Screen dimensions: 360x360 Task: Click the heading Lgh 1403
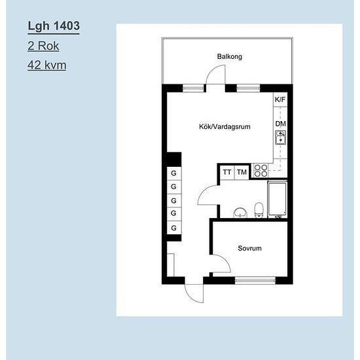click(54, 26)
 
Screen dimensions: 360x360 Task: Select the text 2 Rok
click(43, 46)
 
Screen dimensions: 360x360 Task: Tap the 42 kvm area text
click(47, 65)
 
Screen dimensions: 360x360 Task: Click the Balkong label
click(230, 56)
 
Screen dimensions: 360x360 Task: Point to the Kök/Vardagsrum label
click(225, 127)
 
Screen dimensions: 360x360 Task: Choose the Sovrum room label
click(249, 248)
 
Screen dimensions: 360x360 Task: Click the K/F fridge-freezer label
click(280, 99)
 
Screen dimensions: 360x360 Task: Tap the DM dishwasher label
click(280, 124)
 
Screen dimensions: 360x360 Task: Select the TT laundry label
click(227, 172)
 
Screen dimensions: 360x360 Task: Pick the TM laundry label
click(242, 172)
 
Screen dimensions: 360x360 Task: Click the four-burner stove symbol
click(261, 171)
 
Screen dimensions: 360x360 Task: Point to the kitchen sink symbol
click(280, 137)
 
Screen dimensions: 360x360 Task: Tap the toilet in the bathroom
click(259, 210)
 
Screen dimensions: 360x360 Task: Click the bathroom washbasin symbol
click(240, 213)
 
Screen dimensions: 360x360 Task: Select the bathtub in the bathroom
click(278, 199)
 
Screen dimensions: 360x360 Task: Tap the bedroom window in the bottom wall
click(255, 280)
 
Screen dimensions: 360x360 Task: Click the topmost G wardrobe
click(174, 173)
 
